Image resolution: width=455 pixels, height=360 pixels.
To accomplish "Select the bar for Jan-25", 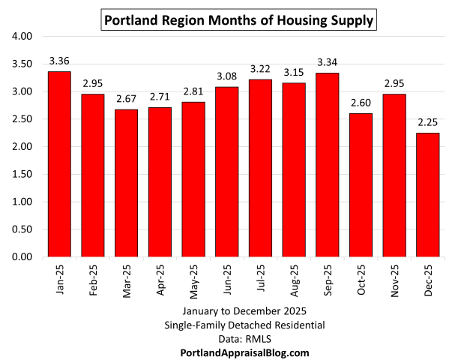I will tap(59, 164).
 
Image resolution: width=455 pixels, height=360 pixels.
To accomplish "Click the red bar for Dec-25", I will tap(428, 195).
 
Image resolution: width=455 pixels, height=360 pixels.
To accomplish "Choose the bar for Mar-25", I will tap(126, 183).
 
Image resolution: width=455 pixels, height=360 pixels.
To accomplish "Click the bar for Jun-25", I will tap(227, 172).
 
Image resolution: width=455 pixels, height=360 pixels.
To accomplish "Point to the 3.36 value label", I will tap(59, 61).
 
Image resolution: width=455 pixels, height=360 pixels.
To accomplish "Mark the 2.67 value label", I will tap(126, 99).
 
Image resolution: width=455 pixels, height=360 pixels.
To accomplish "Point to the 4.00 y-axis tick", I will tap(22, 36).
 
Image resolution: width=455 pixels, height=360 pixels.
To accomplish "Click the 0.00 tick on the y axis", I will tap(22, 257).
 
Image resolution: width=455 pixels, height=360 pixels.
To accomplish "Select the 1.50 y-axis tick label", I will tap(22, 174).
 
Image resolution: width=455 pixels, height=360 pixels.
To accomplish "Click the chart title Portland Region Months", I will tap(238, 20).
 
